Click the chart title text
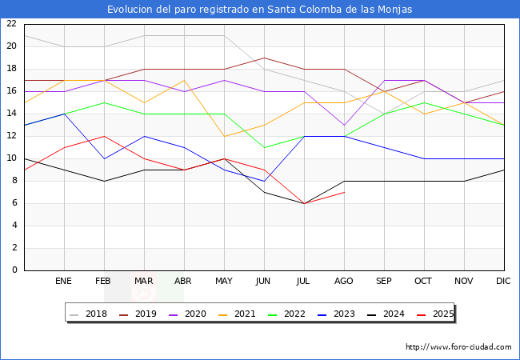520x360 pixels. point(260,10)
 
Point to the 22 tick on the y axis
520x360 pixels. point(11,24)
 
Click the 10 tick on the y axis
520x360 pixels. point(11,158)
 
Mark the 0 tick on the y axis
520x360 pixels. point(14,270)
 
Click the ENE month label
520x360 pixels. point(64,282)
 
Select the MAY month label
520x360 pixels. point(224,282)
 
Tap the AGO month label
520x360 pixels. point(344,282)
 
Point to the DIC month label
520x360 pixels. point(503,282)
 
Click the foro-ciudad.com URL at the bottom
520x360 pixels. point(458,347)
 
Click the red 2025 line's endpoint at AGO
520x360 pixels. point(344,192)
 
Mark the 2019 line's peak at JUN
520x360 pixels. point(264,58)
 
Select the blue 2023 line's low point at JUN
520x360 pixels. point(264,181)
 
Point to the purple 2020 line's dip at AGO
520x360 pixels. point(344,125)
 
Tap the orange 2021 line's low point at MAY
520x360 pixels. point(224,136)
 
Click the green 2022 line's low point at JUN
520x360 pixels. point(264,147)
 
